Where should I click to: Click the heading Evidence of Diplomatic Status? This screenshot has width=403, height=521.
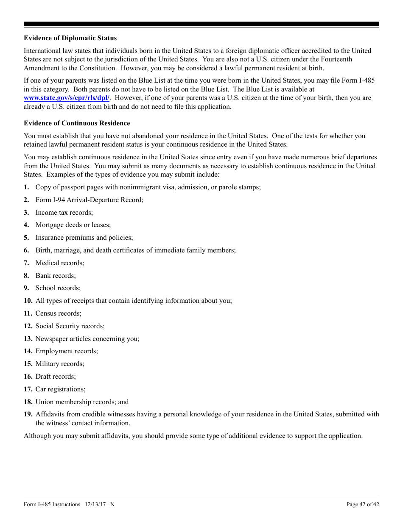click(70, 38)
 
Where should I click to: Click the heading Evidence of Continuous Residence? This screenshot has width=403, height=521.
click(77, 123)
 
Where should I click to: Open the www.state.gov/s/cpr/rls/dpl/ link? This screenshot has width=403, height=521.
click(67, 98)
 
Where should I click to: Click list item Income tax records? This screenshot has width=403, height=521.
click(64, 213)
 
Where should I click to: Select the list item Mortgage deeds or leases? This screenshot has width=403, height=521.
click(73, 225)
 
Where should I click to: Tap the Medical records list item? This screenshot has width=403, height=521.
click(60, 263)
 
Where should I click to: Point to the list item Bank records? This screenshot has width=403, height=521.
click(56, 276)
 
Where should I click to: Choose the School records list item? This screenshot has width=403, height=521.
click(58, 288)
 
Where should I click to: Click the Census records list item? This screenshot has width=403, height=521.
click(59, 313)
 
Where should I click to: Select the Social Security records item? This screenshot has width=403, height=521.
click(70, 326)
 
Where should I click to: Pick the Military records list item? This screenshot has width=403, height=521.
click(60, 364)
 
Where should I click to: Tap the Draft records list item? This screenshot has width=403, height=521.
click(56, 377)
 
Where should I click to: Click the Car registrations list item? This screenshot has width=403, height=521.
click(60, 389)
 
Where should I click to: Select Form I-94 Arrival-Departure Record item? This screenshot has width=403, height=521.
click(89, 200)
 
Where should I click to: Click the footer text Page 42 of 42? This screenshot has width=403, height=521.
click(363, 504)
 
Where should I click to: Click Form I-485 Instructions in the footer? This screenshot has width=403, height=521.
click(52, 504)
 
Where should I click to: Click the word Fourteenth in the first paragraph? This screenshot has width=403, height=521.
click(336, 59)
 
